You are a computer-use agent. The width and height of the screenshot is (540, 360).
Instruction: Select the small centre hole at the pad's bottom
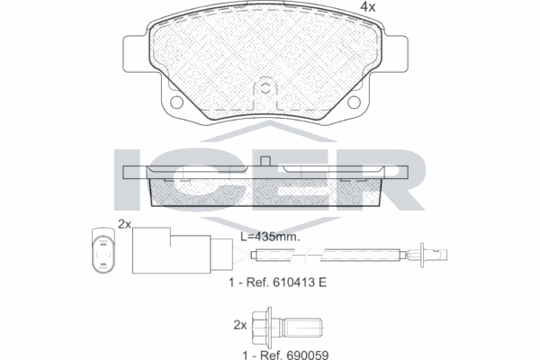265,90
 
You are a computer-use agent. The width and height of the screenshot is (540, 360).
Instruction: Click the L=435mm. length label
269,237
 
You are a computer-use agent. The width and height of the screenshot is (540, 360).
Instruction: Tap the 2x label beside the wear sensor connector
124,224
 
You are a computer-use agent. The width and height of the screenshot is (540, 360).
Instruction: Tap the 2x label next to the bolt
239,323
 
